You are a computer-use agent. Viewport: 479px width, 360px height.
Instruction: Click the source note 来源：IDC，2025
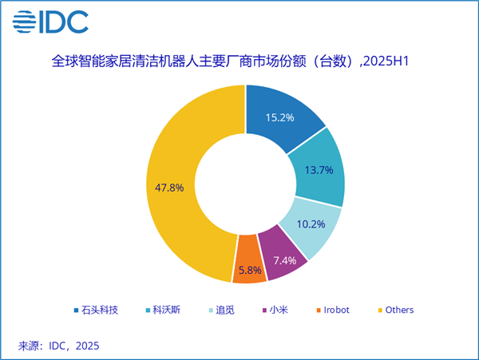[x=59, y=346]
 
